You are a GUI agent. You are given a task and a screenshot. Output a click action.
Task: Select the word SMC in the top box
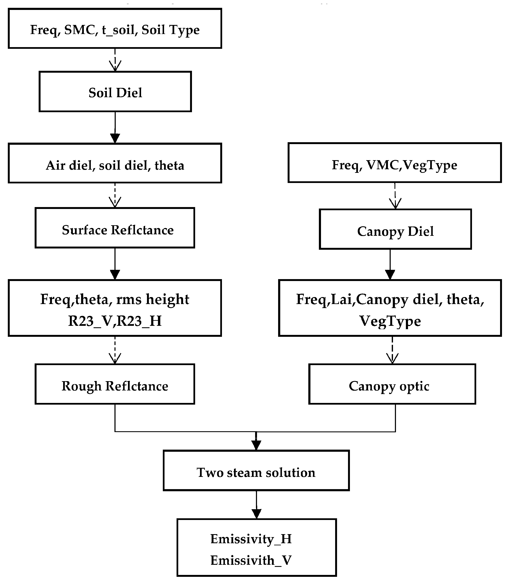click(79, 30)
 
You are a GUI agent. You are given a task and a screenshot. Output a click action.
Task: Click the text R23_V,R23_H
click(115, 321)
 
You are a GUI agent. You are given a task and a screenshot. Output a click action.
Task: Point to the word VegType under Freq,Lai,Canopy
click(390, 321)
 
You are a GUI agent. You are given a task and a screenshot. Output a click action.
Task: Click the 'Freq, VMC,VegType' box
click(394, 162)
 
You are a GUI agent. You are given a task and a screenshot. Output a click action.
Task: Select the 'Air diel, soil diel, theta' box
click(115, 163)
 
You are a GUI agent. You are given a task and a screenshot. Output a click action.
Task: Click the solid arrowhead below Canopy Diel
click(390, 274)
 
